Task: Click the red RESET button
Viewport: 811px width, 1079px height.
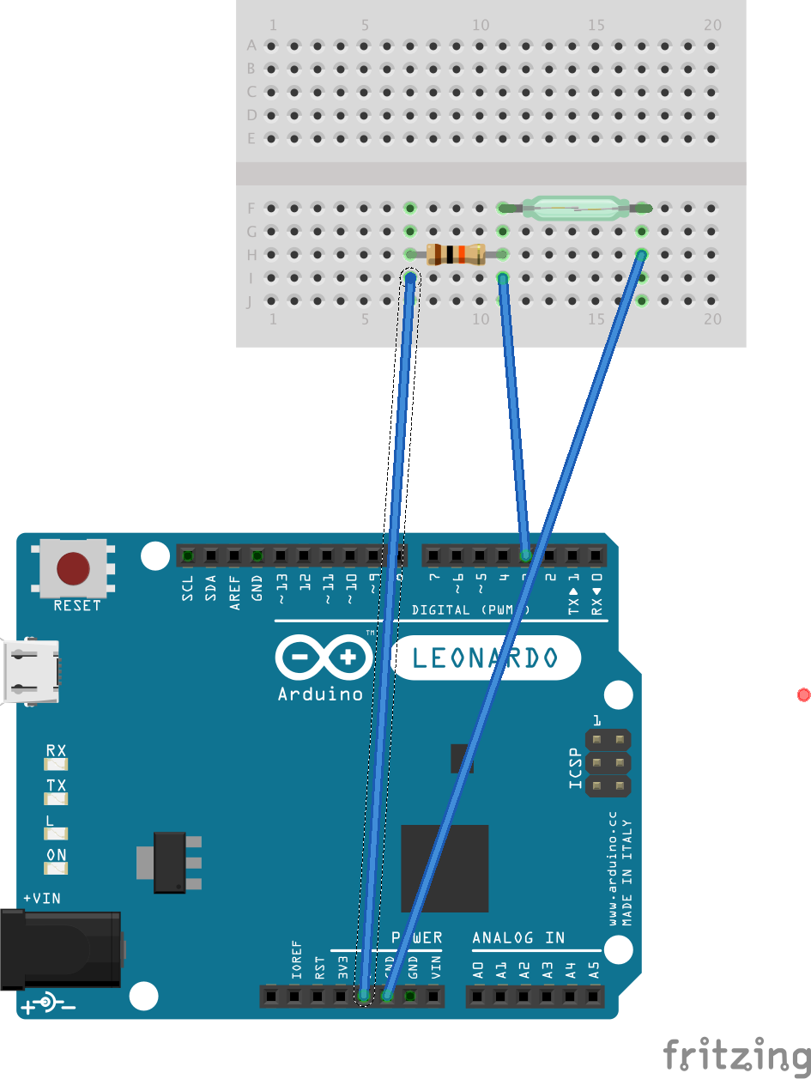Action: pos(73,567)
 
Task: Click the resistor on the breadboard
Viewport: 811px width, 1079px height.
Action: pos(456,254)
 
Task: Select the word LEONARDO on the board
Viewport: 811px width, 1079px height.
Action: pos(486,659)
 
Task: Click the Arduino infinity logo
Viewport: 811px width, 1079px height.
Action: pos(324,659)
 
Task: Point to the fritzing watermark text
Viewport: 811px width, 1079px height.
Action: pos(736,1054)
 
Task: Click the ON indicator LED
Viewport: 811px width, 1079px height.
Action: pos(57,868)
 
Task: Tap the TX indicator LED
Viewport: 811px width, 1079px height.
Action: pos(57,798)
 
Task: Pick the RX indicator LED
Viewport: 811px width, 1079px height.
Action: pos(57,763)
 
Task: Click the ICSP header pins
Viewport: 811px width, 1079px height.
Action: pos(608,762)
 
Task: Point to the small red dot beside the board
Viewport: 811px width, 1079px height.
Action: pos(803,694)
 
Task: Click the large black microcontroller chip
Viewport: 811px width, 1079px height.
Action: pos(445,869)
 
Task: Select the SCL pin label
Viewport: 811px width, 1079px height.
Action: pos(188,587)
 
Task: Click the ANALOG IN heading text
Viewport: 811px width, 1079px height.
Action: pos(518,937)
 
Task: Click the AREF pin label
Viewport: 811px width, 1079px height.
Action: pos(234,591)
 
